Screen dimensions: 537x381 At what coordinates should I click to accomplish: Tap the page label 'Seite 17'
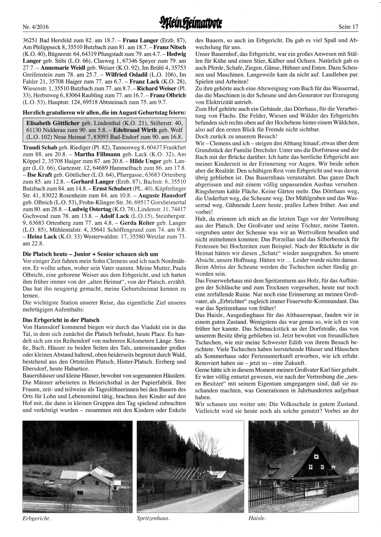(x=348, y=27)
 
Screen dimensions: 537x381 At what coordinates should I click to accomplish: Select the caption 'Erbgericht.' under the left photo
(x=37, y=518)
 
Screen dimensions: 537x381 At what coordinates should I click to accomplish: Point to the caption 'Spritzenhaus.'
(x=153, y=518)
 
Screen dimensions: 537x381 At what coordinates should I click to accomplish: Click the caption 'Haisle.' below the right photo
(x=257, y=518)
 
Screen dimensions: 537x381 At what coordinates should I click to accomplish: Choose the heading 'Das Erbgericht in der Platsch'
(x=61, y=320)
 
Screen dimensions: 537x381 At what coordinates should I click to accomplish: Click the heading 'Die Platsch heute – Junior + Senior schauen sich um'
(x=90, y=254)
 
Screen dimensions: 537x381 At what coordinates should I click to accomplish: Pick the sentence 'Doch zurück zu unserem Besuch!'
(x=236, y=136)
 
